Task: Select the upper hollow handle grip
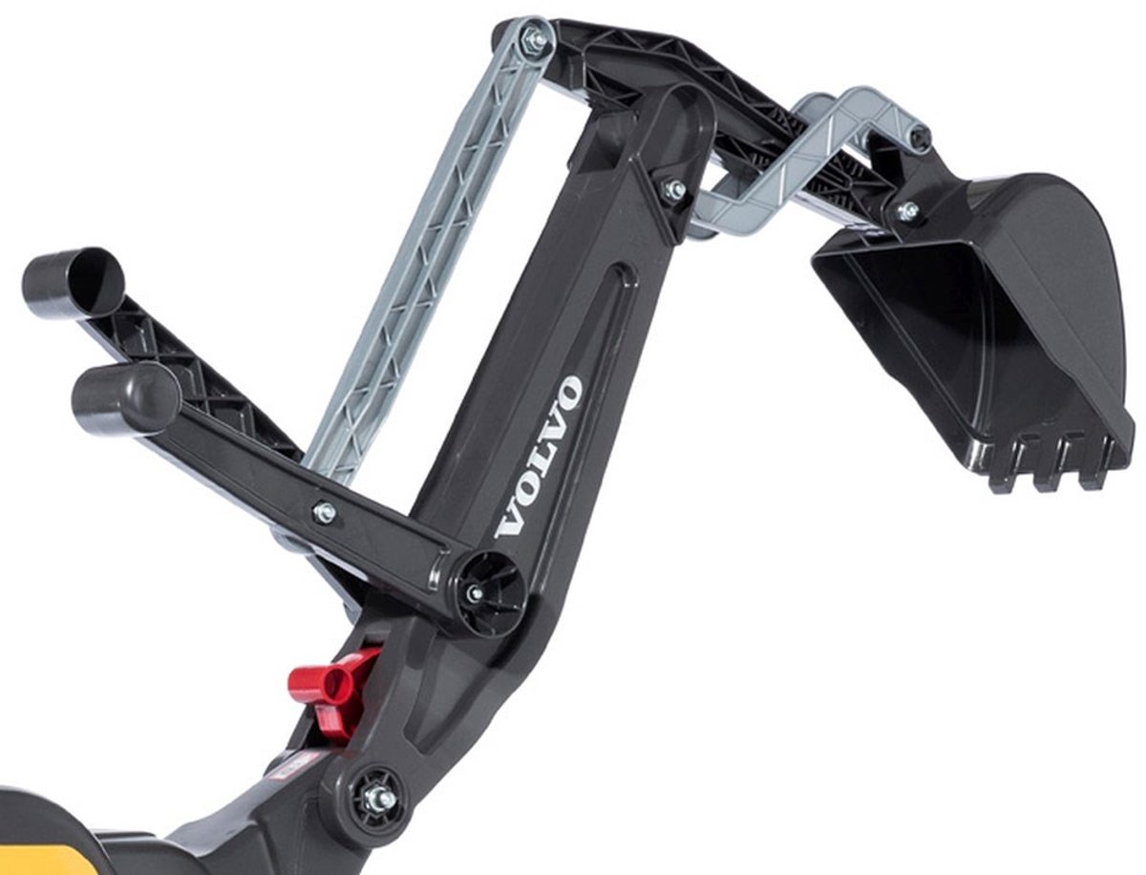pos(73,283)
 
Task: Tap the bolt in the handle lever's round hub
pos(474,592)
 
